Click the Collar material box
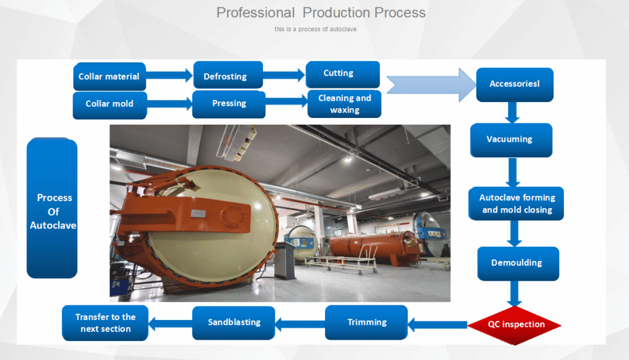click(109, 77)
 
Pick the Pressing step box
click(229, 104)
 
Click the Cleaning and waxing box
click(344, 104)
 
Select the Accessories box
click(514, 84)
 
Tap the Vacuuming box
click(510, 139)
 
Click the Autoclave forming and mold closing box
click(517, 203)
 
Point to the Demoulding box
click(518, 263)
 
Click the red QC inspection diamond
click(516, 324)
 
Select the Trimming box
click(367, 323)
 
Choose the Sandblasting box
click(234, 323)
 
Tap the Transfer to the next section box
click(105, 323)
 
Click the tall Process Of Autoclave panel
click(52, 209)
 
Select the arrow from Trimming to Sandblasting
click(299, 321)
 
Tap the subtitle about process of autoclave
click(316, 29)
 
